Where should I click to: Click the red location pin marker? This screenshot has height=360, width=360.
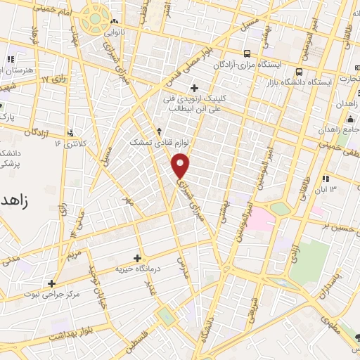[181, 166]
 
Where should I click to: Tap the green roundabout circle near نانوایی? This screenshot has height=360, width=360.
[92, 22]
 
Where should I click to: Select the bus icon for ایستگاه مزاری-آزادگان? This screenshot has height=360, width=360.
[247, 53]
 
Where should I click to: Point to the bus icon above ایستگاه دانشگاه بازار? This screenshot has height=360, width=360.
[300, 72]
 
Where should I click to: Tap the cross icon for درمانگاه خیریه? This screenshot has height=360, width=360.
[137, 258]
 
